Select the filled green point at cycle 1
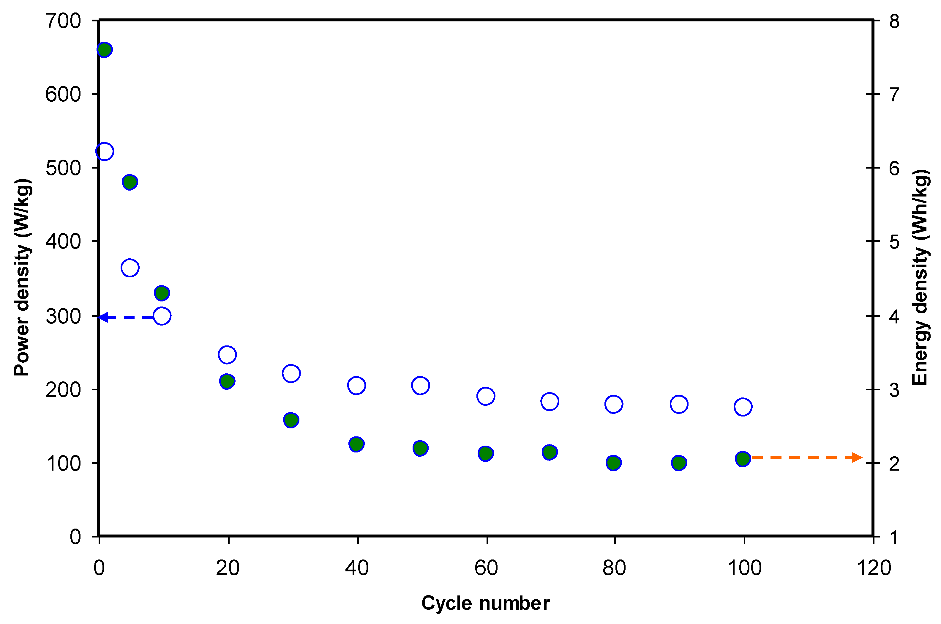(x=104, y=50)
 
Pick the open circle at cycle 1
(x=105, y=151)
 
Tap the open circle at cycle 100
(x=743, y=407)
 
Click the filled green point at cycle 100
(x=743, y=458)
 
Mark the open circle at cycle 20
(x=227, y=355)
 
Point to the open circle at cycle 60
(x=485, y=396)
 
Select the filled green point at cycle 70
(x=550, y=452)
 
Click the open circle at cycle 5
(x=130, y=268)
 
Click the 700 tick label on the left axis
(x=63, y=21)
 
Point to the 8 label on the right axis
(x=894, y=21)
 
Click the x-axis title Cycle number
(x=485, y=603)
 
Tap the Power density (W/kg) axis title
(x=22, y=278)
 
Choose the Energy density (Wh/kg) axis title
(x=920, y=278)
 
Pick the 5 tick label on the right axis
(x=894, y=242)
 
